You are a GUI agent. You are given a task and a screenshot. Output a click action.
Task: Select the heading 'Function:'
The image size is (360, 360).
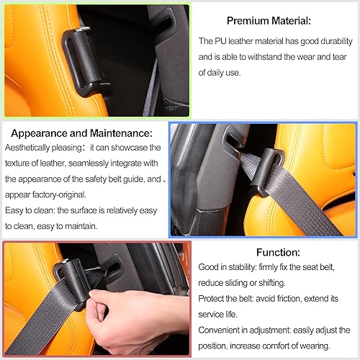[x=277, y=253]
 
